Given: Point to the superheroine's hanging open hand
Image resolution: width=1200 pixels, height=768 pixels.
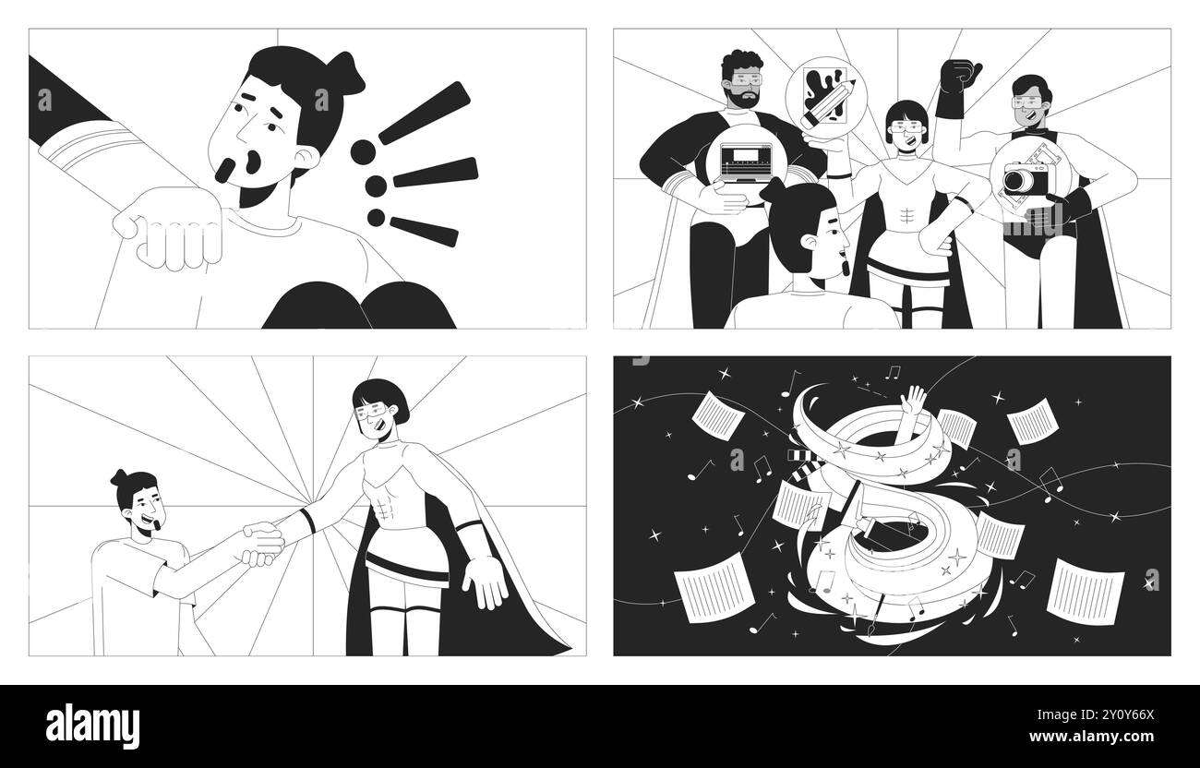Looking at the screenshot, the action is pyautogui.click(x=485, y=582).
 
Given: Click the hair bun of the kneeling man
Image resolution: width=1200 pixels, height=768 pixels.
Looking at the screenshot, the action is pyautogui.click(x=119, y=477).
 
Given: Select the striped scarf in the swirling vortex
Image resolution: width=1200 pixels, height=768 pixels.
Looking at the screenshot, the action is pyautogui.click(x=804, y=466).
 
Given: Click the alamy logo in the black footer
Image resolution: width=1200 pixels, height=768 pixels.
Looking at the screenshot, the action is pyautogui.click(x=92, y=726).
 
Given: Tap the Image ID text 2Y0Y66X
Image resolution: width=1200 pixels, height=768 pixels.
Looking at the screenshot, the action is pyautogui.click(x=1096, y=714).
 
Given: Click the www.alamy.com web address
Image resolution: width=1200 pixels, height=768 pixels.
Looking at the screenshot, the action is pyautogui.click(x=1092, y=737).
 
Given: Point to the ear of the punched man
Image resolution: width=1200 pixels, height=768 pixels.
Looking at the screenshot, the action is pyautogui.click(x=307, y=159).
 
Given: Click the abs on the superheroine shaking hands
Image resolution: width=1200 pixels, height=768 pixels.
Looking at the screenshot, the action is pyautogui.click(x=382, y=507).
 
